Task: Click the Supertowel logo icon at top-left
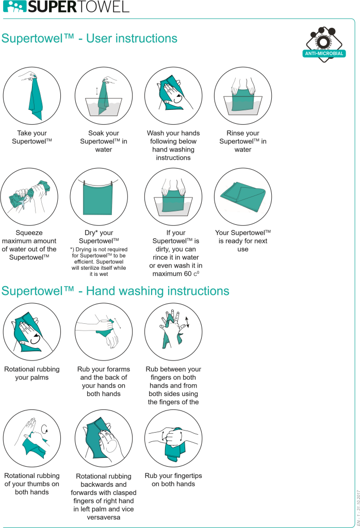[x=14, y=7]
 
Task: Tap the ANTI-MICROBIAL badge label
[x=324, y=54]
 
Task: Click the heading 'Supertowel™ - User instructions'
[x=89, y=38]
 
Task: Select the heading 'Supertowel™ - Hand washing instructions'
[x=115, y=291]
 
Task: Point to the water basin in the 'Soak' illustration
[x=104, y=107]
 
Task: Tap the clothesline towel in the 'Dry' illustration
[x=97, y=199]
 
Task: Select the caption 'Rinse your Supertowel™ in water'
[x=243, y=141]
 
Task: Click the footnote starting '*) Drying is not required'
[x=99, y=261]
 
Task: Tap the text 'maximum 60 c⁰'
[x=175, y=274]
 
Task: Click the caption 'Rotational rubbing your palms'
[x=31, y=373]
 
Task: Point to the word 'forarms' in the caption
[x=118, y=369]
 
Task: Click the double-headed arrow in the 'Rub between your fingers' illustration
[x=187, y=322]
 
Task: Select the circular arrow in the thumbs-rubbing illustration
[x=44, y=428]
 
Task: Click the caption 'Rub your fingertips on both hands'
[x=173, y=480]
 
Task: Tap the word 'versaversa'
[x=103, y=517]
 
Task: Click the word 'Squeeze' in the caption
[x=29, y=233]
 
